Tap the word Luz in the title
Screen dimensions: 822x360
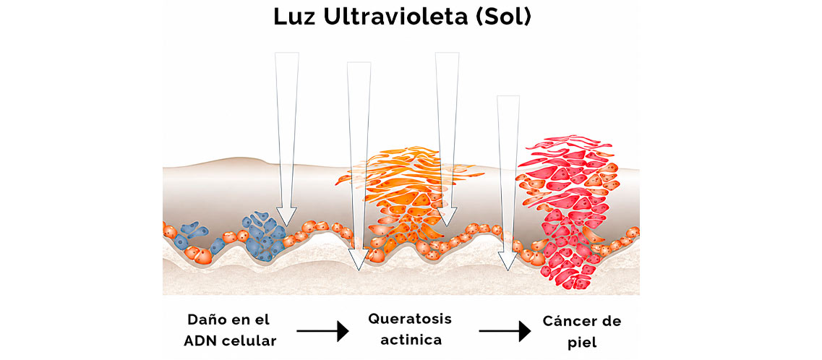(x=294, y=17)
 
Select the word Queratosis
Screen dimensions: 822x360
(x=409, y=319)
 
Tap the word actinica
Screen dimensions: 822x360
(x=411, y=340)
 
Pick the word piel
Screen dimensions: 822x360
(x=582, y=343)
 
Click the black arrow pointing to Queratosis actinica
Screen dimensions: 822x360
(x=322, y=331)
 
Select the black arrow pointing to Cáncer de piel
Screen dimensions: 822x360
(x=505, y=331)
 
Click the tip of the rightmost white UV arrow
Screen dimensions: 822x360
(x=508, y=270)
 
